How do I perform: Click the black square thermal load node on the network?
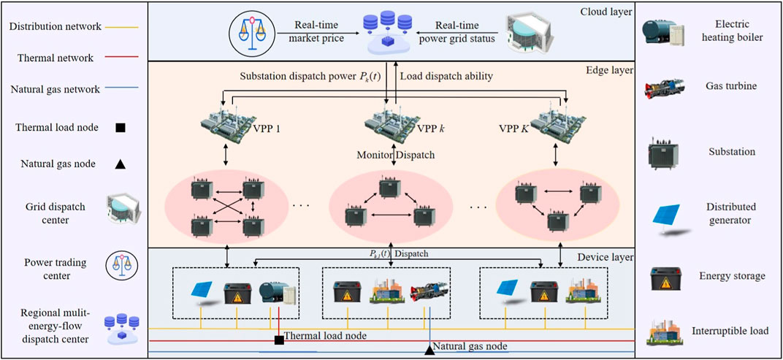[x=279, y=340]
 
